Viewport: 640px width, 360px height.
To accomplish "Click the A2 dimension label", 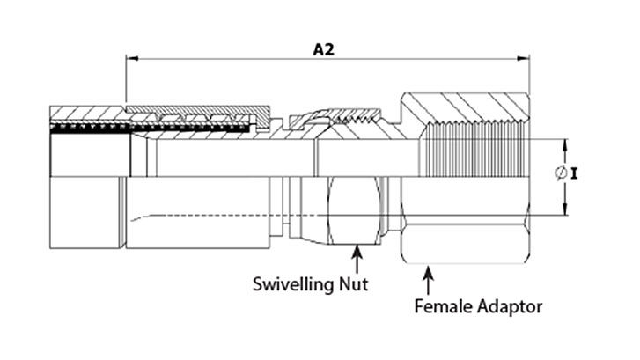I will coord(324,49).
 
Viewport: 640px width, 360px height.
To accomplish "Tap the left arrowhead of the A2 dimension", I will coord(132,60).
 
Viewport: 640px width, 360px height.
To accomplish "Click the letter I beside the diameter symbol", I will coord(574,174).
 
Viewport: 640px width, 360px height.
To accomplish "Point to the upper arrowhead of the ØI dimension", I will coord(563,143).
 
